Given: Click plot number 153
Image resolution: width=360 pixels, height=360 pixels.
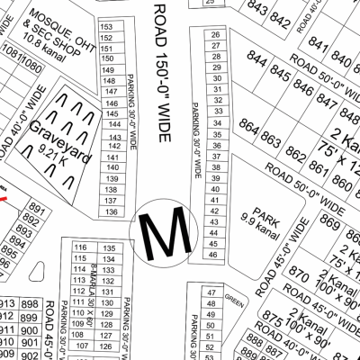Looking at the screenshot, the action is tap(107, 28).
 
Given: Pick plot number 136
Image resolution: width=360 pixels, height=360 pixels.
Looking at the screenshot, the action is tap(111, 211).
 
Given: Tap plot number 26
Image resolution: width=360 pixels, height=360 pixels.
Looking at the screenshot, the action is tap(215, 34).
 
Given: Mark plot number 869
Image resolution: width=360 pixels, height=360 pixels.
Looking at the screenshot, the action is tap(329, 224).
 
